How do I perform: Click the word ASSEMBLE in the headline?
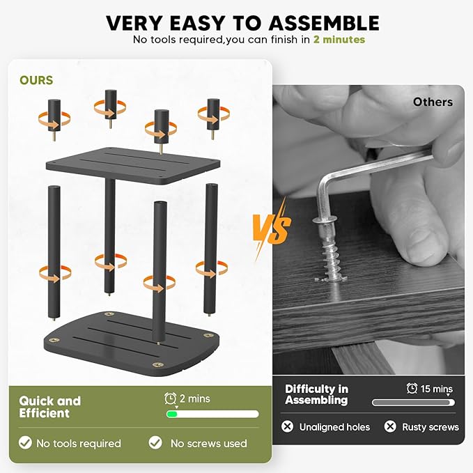[324, 23]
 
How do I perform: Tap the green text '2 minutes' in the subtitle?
[339, 40]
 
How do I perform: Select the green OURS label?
[36, 80]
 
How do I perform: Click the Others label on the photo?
[433, 102]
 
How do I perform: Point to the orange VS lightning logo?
[272, 228]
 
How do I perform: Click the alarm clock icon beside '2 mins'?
[171, 398]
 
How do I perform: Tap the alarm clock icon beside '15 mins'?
[412, 388]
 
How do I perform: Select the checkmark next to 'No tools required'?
[25, 443]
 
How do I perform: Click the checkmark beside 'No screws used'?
[155, 442]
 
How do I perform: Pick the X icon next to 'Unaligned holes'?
[287, 426]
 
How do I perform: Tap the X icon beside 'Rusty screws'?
[390, 426]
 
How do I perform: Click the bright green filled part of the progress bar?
[172, 414]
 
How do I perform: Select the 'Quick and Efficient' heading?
[49, 407]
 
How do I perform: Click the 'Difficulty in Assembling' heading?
[316, 394]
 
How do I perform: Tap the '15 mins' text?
[437, 389]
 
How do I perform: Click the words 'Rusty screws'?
[431, 427]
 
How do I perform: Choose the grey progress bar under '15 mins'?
[413, 403]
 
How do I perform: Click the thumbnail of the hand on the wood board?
[369, 230]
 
